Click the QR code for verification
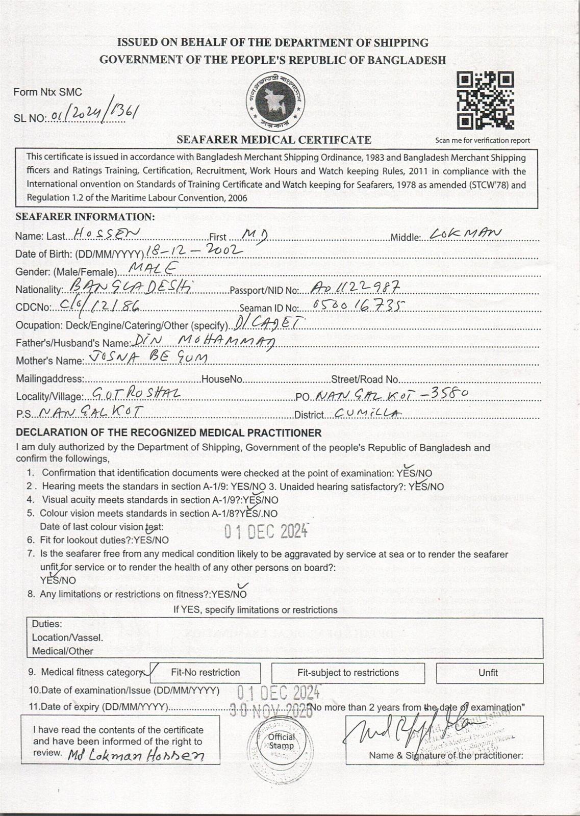(x=485, y=100)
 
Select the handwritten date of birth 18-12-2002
(x=193, y=250)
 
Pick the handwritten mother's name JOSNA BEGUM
(x=148, y=358)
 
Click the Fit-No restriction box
(x=206, y=673)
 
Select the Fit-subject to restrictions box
(x=348, y=673)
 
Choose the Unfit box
(x=488, y=673)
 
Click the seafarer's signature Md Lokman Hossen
(x=136, y=755)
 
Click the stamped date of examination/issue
(x=279, y=692)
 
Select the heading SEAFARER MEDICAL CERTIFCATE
(x=274, y=139)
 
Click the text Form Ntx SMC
(x=47, y=92)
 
